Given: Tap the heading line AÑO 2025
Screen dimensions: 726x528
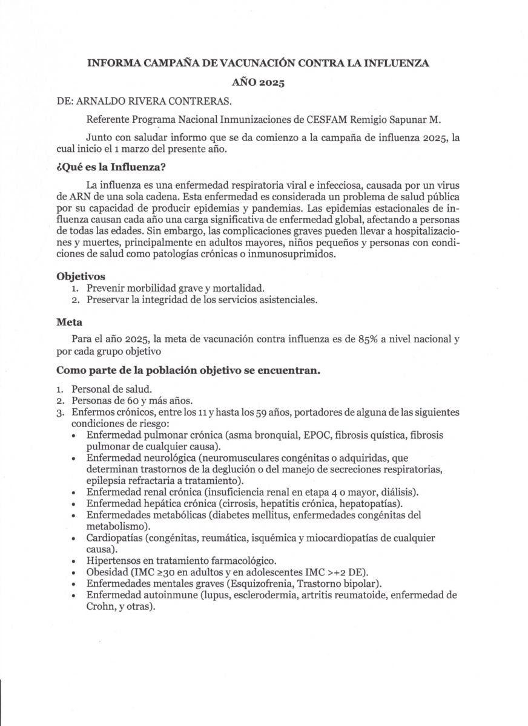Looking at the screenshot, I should [259, 83].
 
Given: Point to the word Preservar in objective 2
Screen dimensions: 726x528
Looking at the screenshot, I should [108, 299].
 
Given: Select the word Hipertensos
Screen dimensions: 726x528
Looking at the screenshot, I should [113, 561].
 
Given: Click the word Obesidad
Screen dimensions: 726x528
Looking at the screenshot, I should [107, 572].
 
